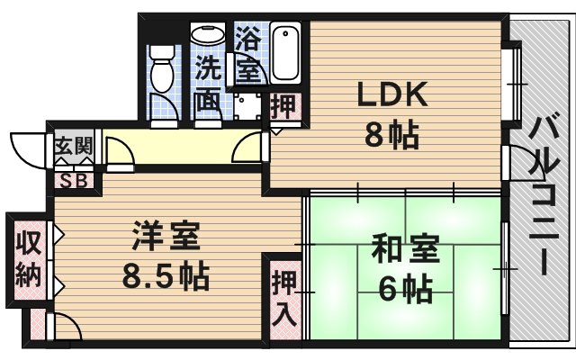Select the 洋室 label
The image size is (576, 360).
coord(165,238)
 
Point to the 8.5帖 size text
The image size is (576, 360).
coord(166,274)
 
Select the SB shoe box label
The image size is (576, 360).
coord(73,179)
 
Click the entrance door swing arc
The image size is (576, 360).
coord(27,146)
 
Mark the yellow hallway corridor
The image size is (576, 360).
coord(180,146)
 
